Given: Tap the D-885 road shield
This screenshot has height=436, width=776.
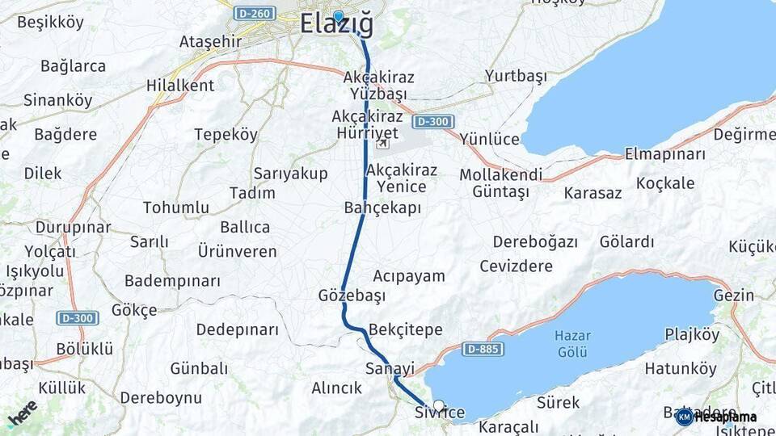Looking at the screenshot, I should pos(483,350).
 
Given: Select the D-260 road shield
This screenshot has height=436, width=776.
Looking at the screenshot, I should pos(255,14).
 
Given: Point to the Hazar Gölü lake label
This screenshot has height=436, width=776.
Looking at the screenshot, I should pos(572,343).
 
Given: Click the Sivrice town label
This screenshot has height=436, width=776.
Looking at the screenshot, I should pos(440,413).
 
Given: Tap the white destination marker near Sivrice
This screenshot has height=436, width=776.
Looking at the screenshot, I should pos(438,405).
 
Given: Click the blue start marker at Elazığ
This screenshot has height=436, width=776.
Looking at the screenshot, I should pos(338,16).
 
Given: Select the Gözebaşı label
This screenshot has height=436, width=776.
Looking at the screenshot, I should pos(352,296).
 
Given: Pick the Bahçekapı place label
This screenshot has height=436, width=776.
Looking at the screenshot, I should pos(382,208).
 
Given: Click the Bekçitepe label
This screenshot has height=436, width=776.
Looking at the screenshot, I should pos(405,329).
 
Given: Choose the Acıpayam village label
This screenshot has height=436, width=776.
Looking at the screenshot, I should pos(409,276).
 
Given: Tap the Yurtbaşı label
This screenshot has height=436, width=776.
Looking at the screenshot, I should pos(516,77).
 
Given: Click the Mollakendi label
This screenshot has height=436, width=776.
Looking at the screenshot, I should pos(500,174).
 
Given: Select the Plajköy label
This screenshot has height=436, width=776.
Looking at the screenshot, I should pos(691,334).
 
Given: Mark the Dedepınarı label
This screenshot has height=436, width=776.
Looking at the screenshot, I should pos(237,329).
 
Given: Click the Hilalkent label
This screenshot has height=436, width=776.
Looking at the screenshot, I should pos(180,85).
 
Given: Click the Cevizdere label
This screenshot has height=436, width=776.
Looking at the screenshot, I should pos(516,266).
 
